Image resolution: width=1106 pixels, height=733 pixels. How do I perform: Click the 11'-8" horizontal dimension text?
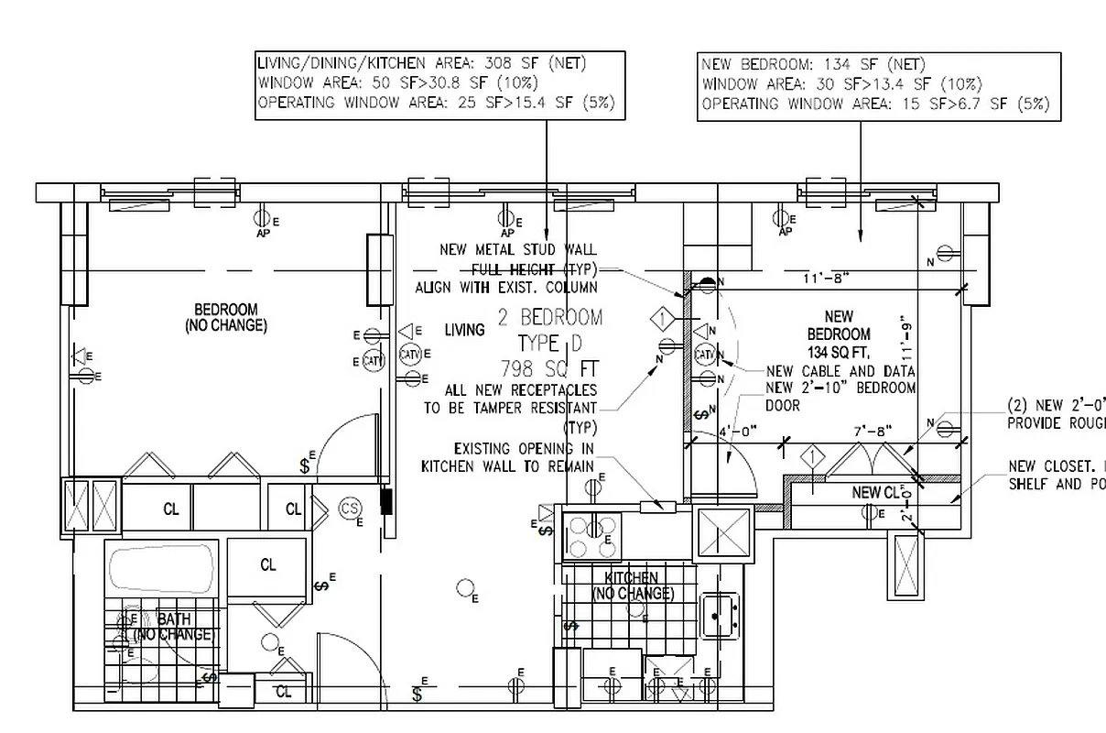(826, 277)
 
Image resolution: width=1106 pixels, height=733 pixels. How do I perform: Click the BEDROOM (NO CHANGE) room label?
(226, 318)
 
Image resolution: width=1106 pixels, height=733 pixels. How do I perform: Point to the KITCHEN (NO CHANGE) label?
(633, 585)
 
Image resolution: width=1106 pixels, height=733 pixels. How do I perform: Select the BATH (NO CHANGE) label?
(174, 627)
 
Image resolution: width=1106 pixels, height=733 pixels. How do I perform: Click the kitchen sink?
(720, 615)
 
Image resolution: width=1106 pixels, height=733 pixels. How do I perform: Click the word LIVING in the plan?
(464, 330)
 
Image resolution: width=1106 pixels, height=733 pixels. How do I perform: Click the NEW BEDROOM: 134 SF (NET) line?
(813, 64)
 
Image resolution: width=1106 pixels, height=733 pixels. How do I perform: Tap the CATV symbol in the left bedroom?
(373, 360)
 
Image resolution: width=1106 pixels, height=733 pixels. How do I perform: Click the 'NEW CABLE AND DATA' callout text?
(840, 371)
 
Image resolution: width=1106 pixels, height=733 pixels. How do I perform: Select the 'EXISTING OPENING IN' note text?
(524, 449)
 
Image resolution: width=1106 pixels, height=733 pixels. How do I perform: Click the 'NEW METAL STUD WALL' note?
(517, 249)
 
